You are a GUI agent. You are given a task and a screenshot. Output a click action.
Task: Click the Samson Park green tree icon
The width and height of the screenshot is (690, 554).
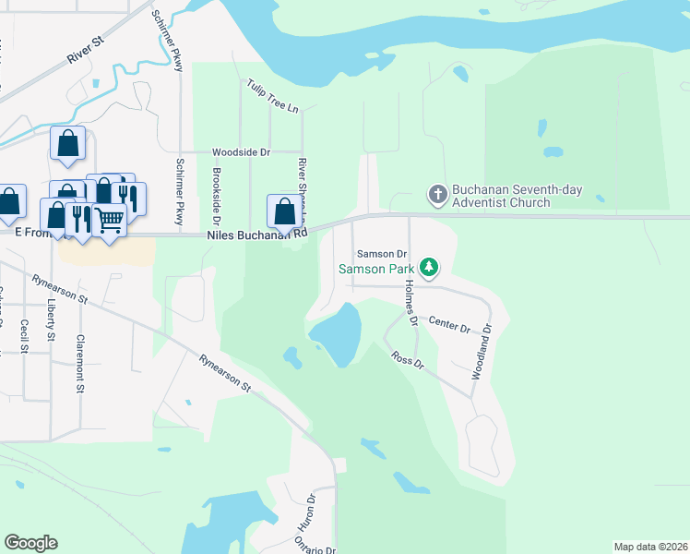(428, 268)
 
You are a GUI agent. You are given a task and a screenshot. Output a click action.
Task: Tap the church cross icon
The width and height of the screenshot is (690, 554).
(437, 195)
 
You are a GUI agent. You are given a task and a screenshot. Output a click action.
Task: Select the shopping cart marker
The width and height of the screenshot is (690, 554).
(109, 220)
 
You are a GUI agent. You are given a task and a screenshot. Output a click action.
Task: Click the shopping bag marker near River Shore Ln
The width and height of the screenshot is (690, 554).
(284, 211)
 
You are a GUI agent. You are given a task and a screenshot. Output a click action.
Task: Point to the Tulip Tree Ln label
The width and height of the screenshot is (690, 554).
(272, 96)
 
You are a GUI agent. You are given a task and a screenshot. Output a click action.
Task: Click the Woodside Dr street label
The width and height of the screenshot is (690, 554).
(241, 151)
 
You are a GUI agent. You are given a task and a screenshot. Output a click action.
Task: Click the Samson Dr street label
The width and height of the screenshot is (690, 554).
(382, 254)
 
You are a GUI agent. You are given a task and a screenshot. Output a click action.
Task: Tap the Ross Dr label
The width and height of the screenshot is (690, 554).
(406, 359)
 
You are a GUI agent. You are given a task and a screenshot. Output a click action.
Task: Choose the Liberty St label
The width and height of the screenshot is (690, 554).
(51, 316)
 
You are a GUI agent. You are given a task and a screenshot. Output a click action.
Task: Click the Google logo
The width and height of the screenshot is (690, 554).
(30, 543)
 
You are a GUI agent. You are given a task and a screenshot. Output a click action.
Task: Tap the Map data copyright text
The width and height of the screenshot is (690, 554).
(649, 547)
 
